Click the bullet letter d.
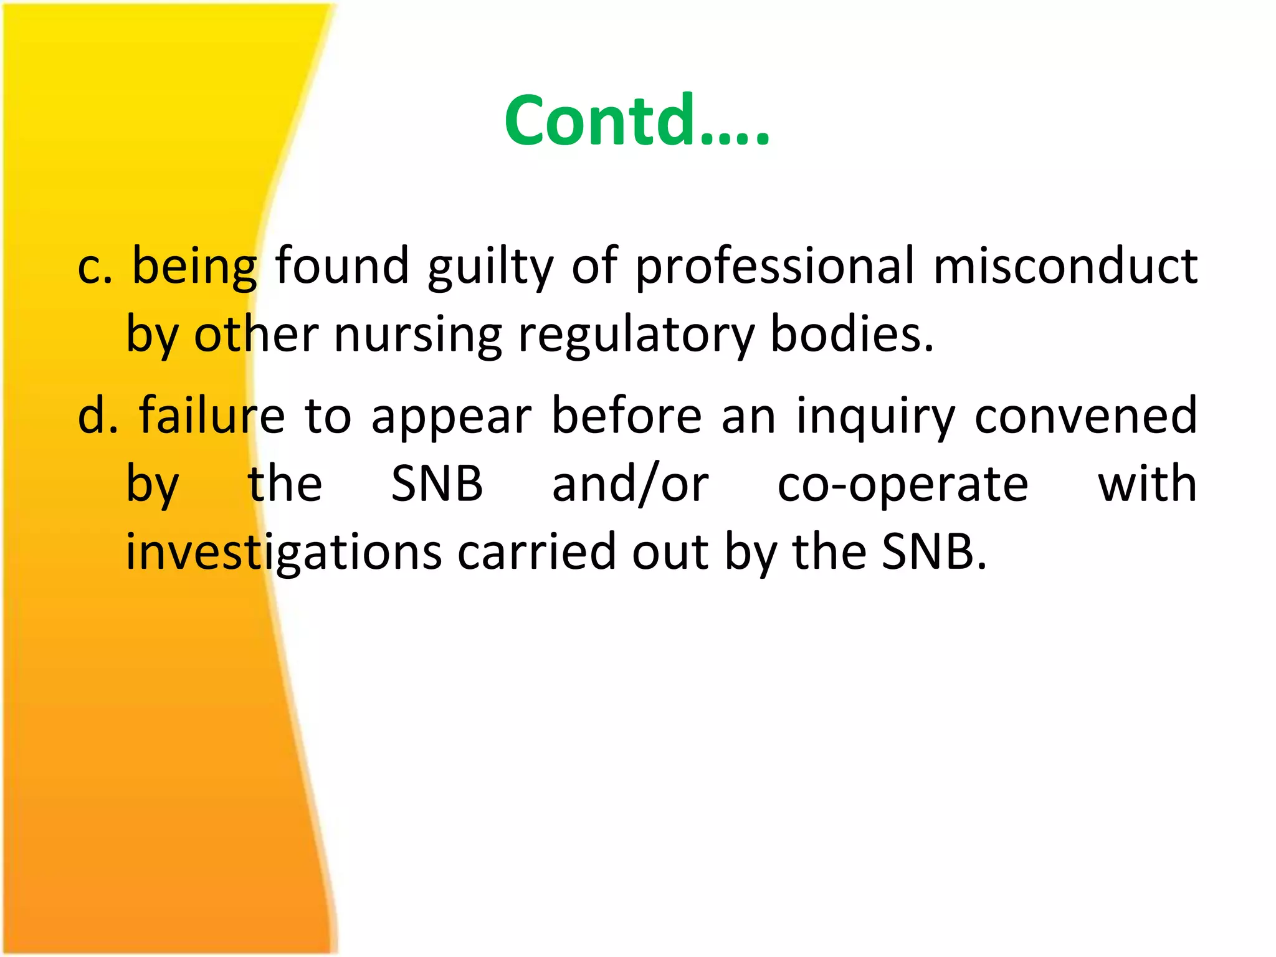pyautogui.click(x=97, y=416)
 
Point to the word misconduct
pyautogui.click(x=1065, y=267)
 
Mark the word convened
pyautogui.click(x=1085, y=416)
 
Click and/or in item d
pyautogui.click(x=630, y=485)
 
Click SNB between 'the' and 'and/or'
pyautogui.click(x=437, y=485)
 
